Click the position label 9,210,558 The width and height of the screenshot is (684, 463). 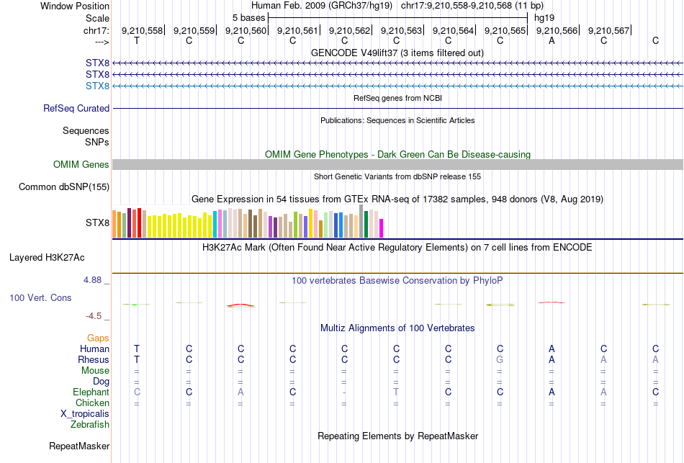(x=142, y=30)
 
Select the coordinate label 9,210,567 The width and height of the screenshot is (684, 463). (x=608, y=30)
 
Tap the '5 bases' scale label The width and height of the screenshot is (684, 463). (x=248, y=17)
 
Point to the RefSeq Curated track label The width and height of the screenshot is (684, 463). (x=76, y=109)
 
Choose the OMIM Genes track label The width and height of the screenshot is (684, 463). (x=81, y=165)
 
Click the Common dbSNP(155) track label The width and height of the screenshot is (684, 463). (x=63, y=187)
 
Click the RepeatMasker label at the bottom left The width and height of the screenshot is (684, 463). (x=78, y=446)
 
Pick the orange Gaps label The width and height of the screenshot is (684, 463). (x=98, y=338)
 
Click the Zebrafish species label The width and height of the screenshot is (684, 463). (x=90, y=425)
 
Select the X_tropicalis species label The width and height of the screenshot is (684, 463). (x=85, y=414)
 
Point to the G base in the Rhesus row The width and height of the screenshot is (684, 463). (x=500, y=360)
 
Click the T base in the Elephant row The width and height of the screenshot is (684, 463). (x=396, y=392)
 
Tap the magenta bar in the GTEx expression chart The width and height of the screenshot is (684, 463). (x=381, y=228)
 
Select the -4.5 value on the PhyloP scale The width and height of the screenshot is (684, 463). (x=94, y=315)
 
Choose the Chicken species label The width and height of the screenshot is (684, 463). (x=92, y=403)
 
